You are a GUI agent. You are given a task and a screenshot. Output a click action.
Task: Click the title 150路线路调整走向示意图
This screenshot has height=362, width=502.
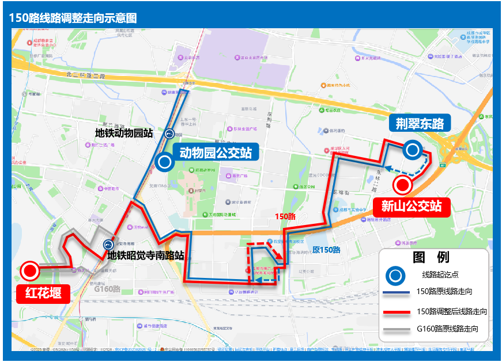[x=73, y=18]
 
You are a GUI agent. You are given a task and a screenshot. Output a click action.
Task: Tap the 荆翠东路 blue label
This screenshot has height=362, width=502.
[x=419, y=124]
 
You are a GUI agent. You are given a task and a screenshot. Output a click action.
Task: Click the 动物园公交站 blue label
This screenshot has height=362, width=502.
[x=215, y=153]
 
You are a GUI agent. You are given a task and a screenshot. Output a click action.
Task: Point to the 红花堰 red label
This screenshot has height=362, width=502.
[x=43, y=293]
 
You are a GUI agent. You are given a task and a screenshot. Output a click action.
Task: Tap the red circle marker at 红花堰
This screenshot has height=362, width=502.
[x=29, y=270]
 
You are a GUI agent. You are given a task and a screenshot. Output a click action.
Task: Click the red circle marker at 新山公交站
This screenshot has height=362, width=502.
[x=402, y=186]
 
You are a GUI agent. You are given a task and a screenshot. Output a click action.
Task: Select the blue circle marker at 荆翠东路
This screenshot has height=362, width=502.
[x=412, y=151]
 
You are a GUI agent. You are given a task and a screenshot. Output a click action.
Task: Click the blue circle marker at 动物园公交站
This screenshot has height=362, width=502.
[x=165, y=162]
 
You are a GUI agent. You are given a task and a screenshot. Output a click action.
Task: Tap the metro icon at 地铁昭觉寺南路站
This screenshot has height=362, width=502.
[x=108, y=245]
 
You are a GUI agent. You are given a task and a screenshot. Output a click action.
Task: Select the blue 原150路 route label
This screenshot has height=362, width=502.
[x=326, y=250]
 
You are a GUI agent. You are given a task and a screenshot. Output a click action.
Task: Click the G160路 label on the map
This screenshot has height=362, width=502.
[x=107, y=288]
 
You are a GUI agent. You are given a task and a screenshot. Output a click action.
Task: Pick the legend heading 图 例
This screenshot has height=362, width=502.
[x=432, y=257]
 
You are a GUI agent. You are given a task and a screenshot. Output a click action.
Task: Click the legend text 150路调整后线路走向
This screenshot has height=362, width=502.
[x=452, y=311]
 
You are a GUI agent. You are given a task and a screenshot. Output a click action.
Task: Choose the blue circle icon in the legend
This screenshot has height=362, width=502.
[x=395, y=276]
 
